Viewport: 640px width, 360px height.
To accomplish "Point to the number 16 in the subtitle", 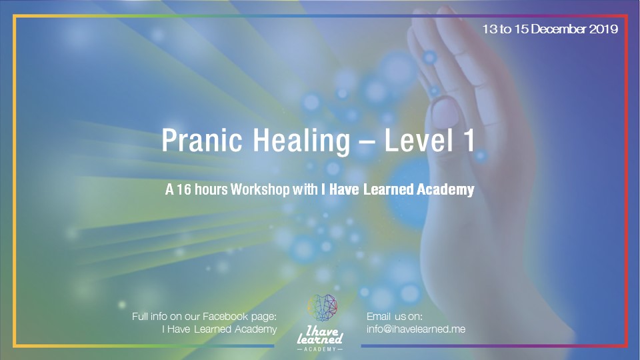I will (x=183, y=190).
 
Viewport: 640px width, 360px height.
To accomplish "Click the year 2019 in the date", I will (x=603, y=29).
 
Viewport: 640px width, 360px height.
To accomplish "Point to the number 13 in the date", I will (x=491, y=29).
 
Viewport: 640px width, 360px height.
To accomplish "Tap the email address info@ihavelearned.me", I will (x=416, y=329).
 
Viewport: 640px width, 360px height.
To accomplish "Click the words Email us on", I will (x=395, y=317).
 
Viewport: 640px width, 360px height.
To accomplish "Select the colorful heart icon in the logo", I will (x=321, y=307).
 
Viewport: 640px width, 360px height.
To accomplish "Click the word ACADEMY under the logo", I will (x=321, y=349).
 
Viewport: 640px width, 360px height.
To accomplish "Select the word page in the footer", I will (x=263, y=317).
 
